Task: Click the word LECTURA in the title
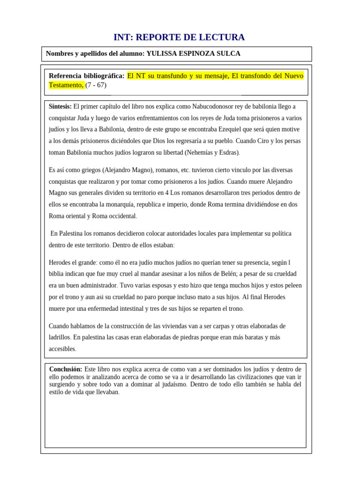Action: pyautogui.click(x=222, y=37)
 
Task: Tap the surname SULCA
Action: pyautogui.click(x=228, y=54)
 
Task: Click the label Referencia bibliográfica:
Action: pyautogui.click(x=87, y=76)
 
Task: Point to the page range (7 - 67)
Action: pyautogui.click(x=96, y=85)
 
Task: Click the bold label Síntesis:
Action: pyautogui.click(x=60, y=106)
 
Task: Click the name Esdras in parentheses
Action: pyautogui.click(x=229, y=152)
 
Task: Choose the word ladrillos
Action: pyautogui.click(x=60, y=337)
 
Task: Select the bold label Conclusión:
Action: pyautogui.click(x=66, y=369)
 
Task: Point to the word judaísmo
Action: pyautogui.click(x=170, y=384)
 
